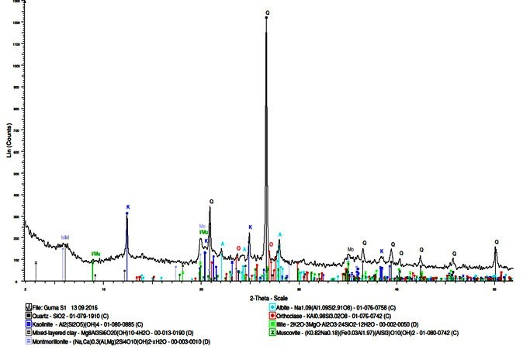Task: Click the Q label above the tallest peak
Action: [267, 12]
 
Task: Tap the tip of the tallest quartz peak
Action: [266, 18]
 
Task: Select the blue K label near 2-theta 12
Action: [128, 207]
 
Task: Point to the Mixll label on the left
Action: [65, 237]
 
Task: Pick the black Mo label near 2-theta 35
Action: [351, 249]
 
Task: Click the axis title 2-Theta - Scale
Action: [269, 298]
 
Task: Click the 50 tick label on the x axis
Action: [494, 287]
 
